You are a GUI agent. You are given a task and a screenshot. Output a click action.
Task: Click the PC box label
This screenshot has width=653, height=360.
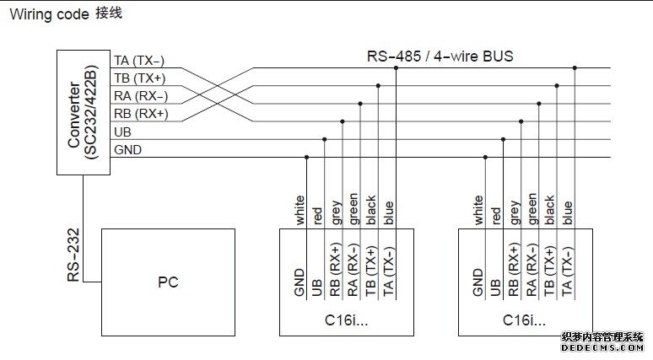click(168, 282)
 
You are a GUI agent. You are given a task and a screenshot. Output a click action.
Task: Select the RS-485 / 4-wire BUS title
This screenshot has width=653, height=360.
click(440, 56)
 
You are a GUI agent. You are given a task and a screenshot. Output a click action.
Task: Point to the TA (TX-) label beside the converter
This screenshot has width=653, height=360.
click(139, 60)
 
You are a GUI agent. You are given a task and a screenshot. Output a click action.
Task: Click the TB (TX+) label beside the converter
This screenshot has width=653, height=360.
click(139, 78)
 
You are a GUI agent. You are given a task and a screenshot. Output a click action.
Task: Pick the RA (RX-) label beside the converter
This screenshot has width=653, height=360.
click(140, 96)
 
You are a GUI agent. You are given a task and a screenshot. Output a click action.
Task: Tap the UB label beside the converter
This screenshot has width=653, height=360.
click(121, 132)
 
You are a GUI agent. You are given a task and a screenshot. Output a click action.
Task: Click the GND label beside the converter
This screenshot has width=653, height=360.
click(127, 150)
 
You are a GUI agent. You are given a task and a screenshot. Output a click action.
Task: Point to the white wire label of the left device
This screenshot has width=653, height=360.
click(300, 210)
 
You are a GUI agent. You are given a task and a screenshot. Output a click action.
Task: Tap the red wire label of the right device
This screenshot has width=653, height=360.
click(497, 215)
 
